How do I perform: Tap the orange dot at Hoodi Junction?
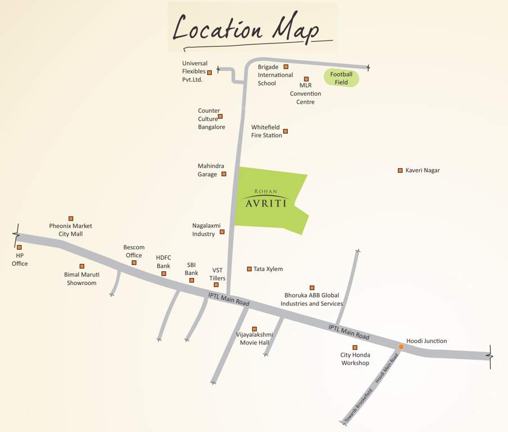[401, 347]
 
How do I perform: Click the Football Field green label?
[341, 78]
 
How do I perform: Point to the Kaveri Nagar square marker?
[400, 170]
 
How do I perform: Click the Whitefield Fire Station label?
[266, 132]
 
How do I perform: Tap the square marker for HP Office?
[19, 247]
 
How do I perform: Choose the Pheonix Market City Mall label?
[70, 229]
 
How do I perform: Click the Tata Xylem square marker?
[249, 269]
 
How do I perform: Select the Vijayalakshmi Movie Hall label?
[254, 338]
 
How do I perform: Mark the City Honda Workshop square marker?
[355, 348]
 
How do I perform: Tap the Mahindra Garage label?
[211, 170]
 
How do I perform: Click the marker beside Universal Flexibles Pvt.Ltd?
[210, 73]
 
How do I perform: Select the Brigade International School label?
[275, 75]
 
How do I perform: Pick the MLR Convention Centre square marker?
[306, 79]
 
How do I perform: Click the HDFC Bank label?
[163, 262]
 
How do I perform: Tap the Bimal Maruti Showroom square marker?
[82, 266]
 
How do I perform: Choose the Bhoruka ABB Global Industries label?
[311, 299]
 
